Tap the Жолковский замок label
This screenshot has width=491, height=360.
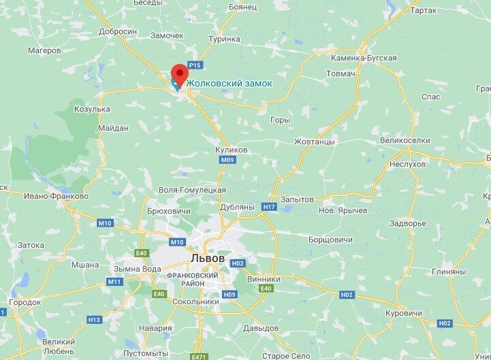tap(229, 83)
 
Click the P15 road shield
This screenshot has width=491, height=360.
tap(195, 65)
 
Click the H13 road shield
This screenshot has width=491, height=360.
tap(94, 320)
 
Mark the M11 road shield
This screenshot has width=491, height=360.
tap(115, 281)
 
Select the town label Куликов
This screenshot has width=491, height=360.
tap(231, 149)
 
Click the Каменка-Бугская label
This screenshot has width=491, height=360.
tap(362, 58)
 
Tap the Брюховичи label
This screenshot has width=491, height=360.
tap(168, 211)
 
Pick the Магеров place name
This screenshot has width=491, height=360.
tap(45, 50)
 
